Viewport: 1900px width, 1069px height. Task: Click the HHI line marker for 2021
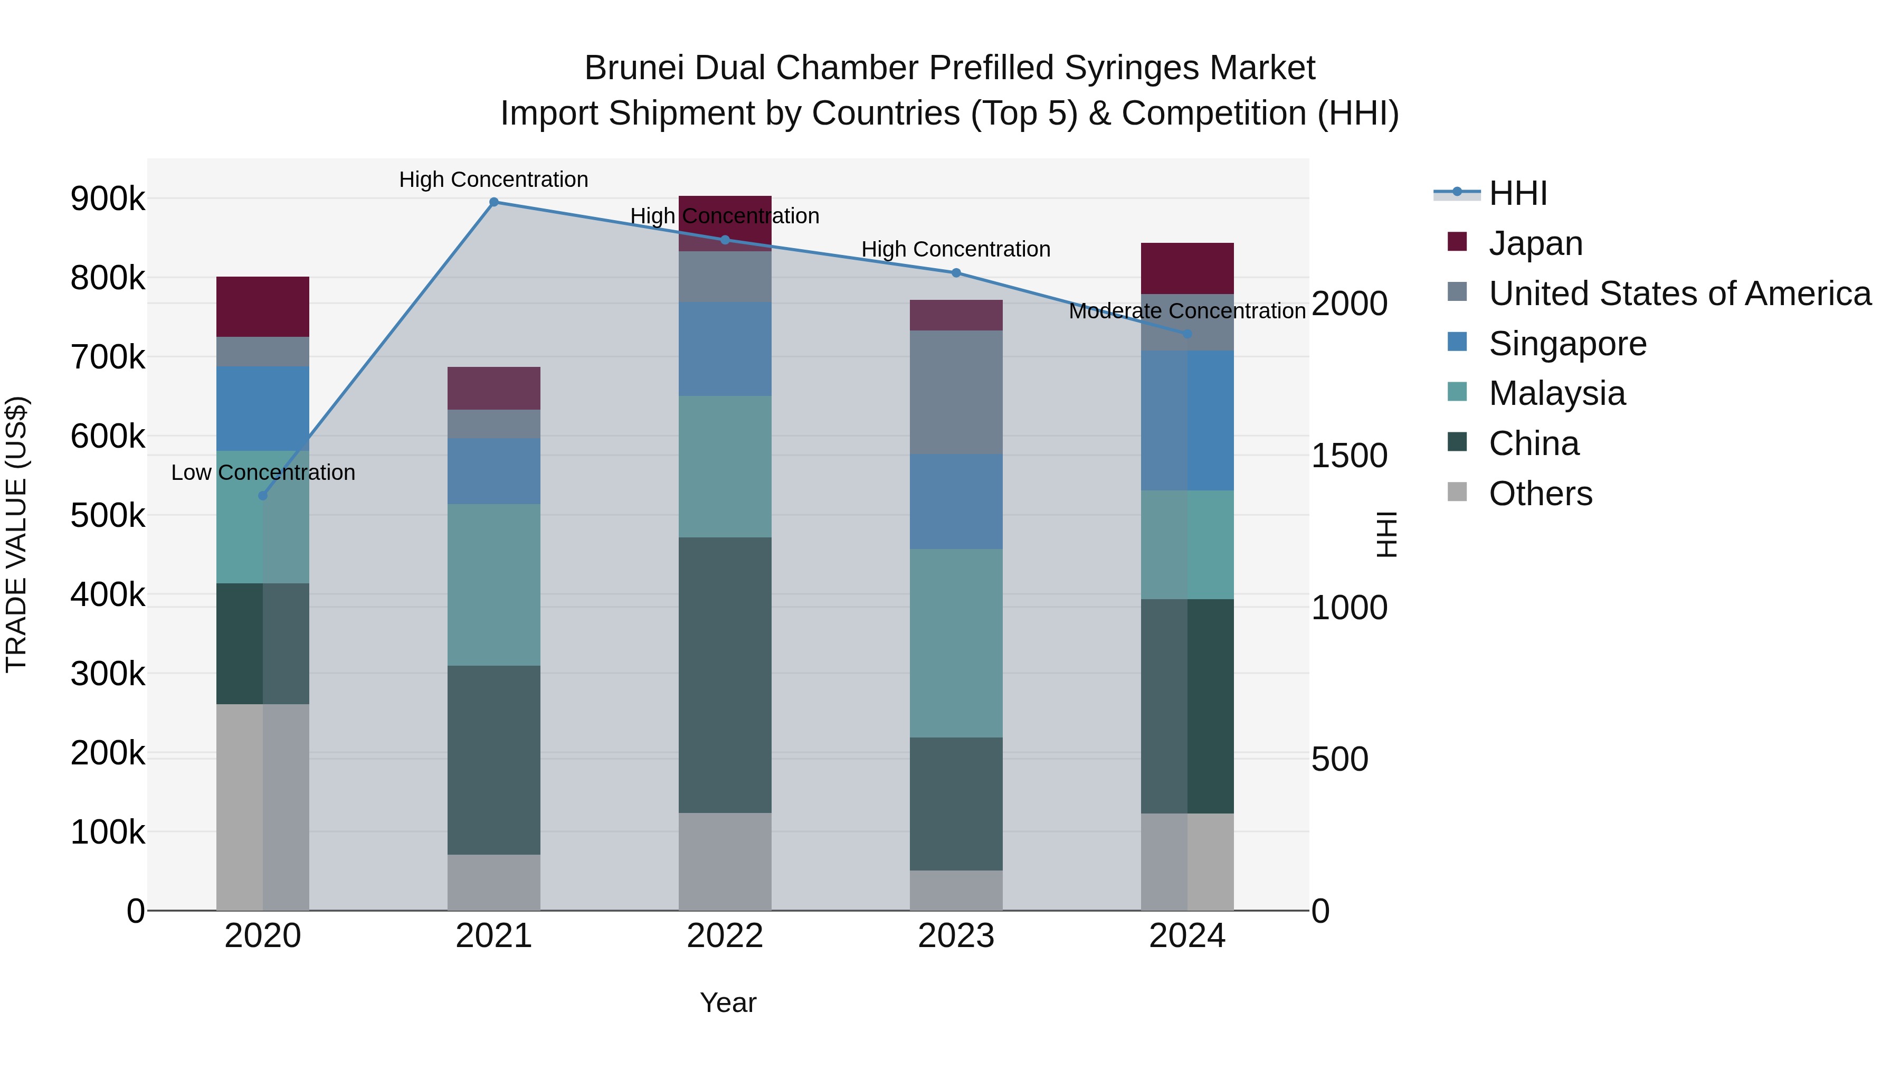click(494, 202)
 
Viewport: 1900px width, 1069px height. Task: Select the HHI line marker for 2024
click(1187, 334)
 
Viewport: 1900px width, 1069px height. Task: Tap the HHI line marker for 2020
click(263, 496)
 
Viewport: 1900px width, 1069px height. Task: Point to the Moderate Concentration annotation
click(1187, 311)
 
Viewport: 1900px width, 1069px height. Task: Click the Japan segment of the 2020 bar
click(263, 307)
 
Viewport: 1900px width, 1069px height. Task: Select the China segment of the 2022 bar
click(724, 675)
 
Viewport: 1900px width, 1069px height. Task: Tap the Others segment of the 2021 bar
click(494, 882)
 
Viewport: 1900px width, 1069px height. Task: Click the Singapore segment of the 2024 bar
click(1187, 421)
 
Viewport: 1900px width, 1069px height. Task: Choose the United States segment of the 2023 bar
click(956, 392)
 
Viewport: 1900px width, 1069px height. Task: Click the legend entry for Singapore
click(1567, 344)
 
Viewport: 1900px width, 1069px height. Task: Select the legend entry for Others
click(1540, 494)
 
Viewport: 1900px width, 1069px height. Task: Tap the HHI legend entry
click(1517, 193)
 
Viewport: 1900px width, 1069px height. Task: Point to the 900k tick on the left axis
click(108, 199)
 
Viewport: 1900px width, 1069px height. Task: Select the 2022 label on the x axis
click(724, 936)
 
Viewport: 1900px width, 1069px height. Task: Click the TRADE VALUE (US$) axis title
click(16, 534)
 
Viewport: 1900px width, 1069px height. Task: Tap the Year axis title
click(728, 1002)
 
